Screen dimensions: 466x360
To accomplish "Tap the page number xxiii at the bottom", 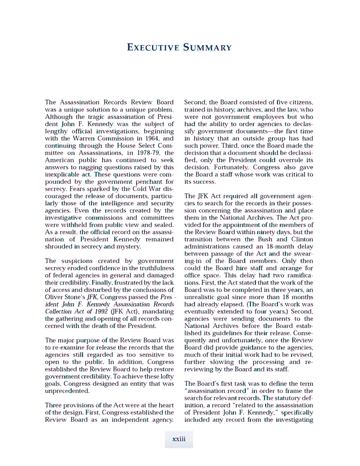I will tap(179, 438).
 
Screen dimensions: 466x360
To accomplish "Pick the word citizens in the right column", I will tap(300, 103).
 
